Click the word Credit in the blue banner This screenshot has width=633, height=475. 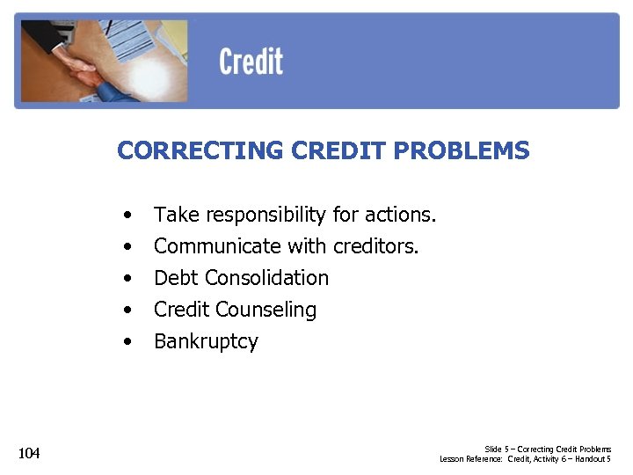pyautogui.click(x=251, y=62)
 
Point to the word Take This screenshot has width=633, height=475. pyautogui.click(x=177, y=215)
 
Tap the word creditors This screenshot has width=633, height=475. pyautogui.click(x=375, y=246)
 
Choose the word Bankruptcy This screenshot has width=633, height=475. pyautogui.click(x=206, y=342)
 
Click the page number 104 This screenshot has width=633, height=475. pyautogui.click(x=29, y=453)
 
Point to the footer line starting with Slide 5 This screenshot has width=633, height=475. pyautogui.click(x=548, y=449)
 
